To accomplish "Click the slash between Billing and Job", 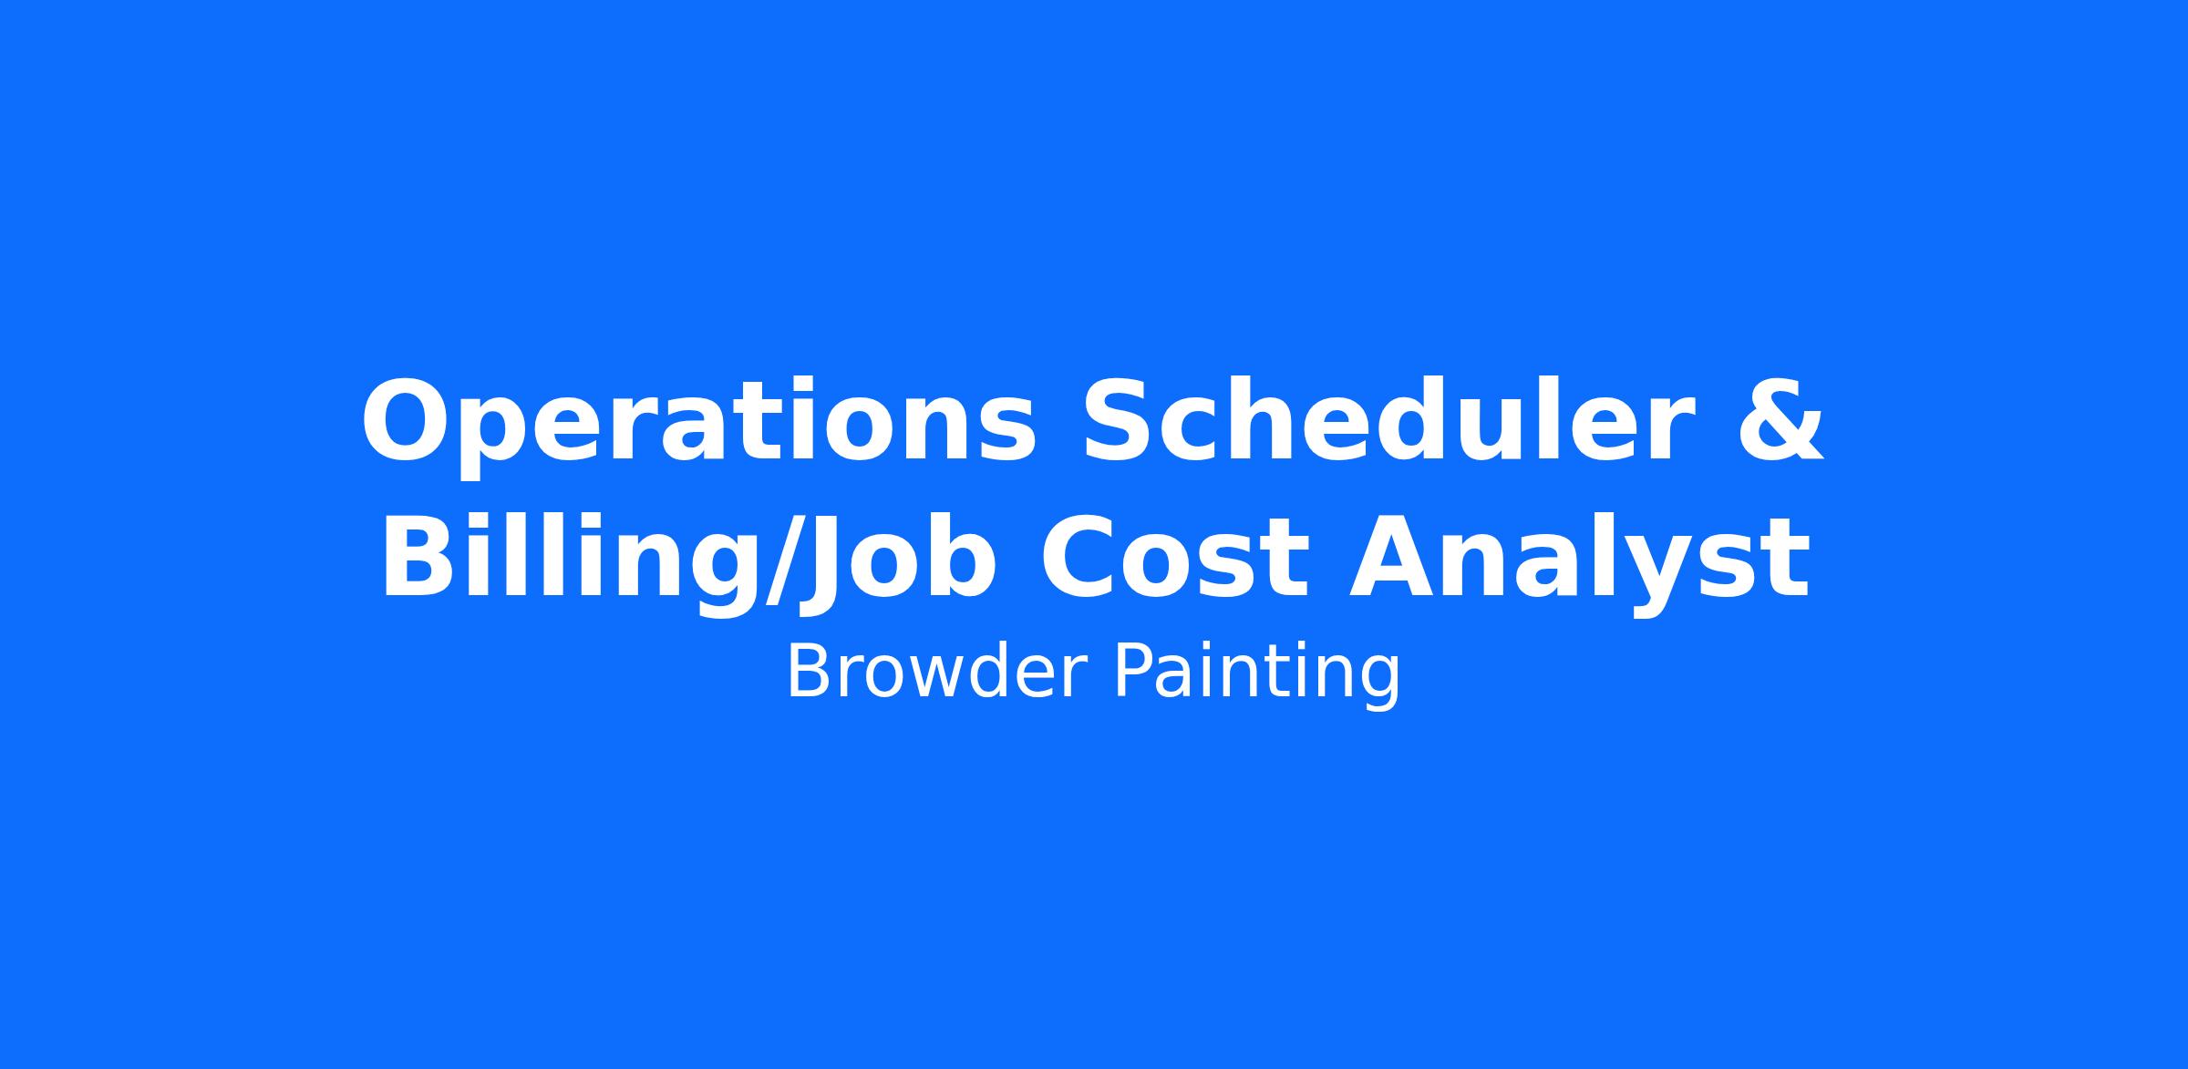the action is tap(782, 558).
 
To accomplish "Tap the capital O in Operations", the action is tap(412, 420).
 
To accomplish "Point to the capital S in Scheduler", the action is tap(1121, 420).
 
